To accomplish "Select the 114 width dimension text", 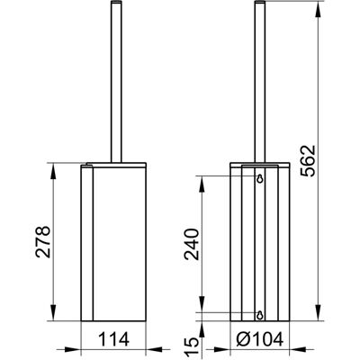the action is tap(114, 339).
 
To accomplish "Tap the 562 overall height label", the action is tap(308, 161).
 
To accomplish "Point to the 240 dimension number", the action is tap(192, 244).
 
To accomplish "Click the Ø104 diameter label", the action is tap(260, 339).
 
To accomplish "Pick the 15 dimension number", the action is tap(192, 346).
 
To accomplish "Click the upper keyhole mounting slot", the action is tap(260, 178).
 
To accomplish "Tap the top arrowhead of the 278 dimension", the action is tap(53, 171).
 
